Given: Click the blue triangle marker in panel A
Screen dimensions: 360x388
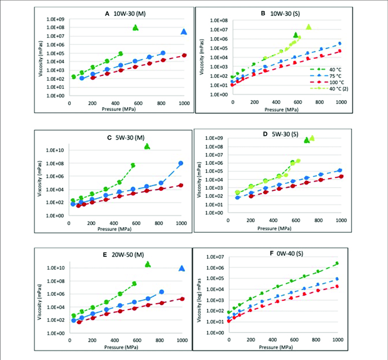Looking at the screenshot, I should coord(184,31).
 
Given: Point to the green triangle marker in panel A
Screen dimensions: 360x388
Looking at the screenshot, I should coord(136,27).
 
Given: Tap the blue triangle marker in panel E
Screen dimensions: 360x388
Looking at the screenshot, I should coord(182,268).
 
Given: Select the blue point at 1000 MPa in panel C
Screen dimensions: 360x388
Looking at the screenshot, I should coord(181,163).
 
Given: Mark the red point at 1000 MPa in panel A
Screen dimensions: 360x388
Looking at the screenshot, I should coord(184,55).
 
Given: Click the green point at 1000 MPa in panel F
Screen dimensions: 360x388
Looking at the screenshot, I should coord(337,263).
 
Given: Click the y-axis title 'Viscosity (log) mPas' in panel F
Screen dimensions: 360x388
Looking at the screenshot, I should coord(199,294).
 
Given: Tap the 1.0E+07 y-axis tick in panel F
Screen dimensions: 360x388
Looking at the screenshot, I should coord(214,257).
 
